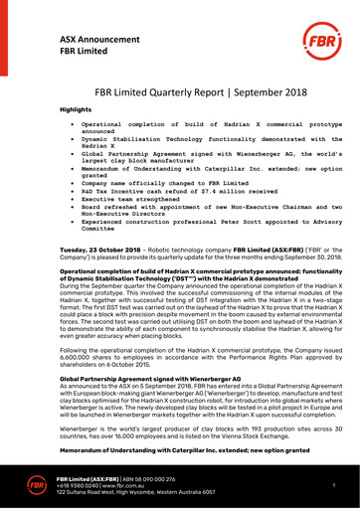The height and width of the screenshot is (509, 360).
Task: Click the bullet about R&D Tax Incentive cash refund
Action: [177, 176]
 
